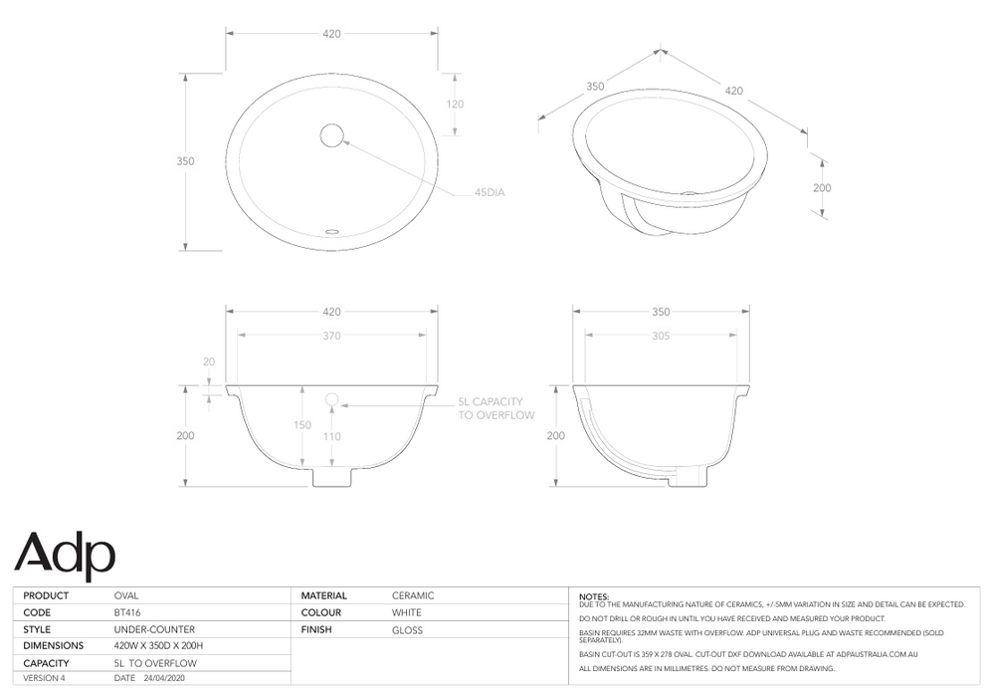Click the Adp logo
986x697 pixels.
(65, 553)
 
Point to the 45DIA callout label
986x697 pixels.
(490, 192)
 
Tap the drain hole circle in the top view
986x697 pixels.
(331, 133)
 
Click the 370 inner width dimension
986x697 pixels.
(331, 336)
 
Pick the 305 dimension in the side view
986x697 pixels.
(661, 336)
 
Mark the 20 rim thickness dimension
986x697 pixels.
(208, 362)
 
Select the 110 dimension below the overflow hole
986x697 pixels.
(331, 436)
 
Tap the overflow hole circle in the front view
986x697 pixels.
(332, 400)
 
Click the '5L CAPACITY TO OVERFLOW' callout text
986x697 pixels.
(495, 408)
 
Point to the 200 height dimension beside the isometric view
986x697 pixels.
(822, 187)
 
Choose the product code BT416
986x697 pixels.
(128, 613)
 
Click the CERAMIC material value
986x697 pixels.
(413, 595)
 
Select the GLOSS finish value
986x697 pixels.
(407, 630)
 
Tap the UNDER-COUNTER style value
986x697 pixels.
(154, 630)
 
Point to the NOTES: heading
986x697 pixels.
(593, 595)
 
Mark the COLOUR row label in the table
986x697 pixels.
(321, 613)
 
